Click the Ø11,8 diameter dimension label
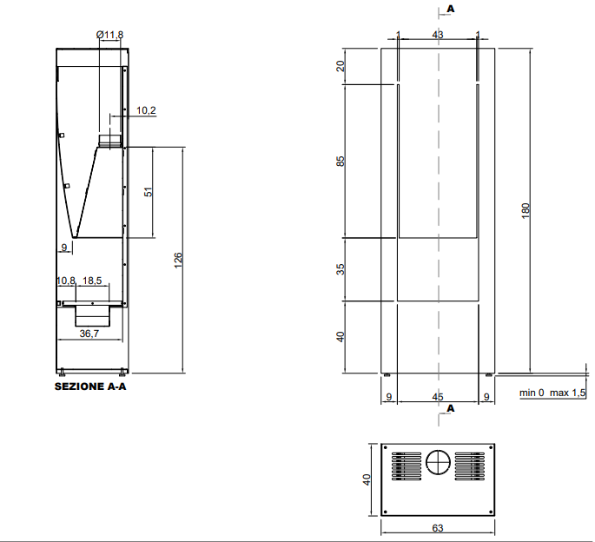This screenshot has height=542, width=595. click(109, 35)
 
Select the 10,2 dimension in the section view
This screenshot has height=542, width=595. click(146, 110)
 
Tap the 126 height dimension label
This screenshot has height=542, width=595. click(178, 261)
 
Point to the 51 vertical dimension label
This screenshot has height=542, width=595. click(149, 192)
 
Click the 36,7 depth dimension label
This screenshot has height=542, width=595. click(89, 334)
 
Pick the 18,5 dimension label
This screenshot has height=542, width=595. click(92, 281)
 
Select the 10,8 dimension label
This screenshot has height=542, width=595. click(66, 281)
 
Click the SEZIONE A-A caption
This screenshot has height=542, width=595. click(90, 387)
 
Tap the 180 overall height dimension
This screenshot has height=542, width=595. click(526, 211)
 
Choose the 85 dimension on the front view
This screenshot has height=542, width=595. click(340, 162)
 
